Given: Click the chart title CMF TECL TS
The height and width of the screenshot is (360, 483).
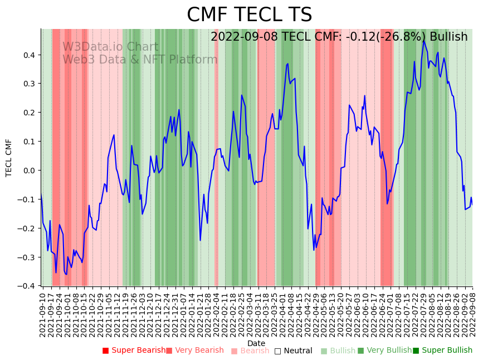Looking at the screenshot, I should tap(249, 15).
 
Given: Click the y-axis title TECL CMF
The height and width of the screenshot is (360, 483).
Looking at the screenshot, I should tap(9, 158).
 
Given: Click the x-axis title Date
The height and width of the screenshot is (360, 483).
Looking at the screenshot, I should tap(256, 343).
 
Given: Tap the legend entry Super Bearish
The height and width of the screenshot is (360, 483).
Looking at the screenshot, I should tap(134, 351).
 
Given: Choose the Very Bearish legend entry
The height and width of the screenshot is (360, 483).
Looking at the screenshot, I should tap(194, 351).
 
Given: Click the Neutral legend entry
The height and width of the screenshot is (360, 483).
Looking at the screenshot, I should tap(294, 351).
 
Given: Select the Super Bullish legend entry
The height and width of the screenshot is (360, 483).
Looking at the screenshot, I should tap(442, 351).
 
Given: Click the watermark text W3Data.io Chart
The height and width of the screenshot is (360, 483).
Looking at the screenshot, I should tap(110, 47).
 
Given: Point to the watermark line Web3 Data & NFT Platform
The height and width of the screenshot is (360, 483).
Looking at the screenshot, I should tap(140, 60).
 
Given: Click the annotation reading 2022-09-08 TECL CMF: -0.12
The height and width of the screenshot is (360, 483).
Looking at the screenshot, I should tap(339, 37).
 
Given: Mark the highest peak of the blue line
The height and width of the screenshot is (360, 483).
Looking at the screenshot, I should tap(423, 41).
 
